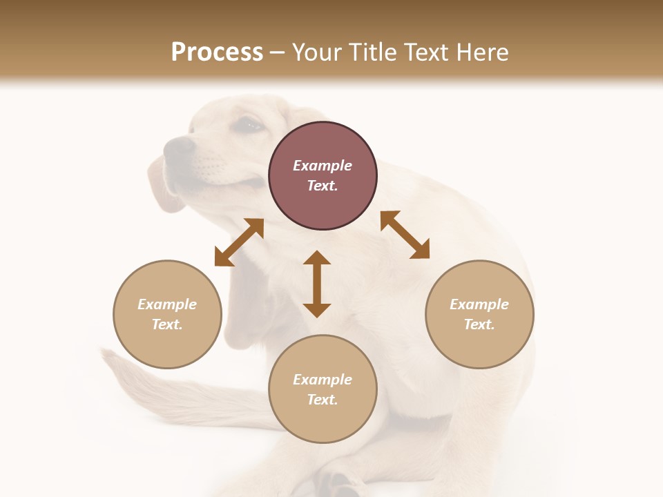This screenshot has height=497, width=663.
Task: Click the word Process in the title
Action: [x=217, y=52]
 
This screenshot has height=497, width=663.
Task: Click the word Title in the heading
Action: [x=372, y=52]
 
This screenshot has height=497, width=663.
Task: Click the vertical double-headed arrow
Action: [x=317, y=284]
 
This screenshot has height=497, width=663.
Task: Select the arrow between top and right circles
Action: [x=405, y=235]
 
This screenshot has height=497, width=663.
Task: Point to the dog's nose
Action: [x=179, y=146]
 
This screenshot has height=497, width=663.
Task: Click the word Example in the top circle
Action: [x=323, y=166]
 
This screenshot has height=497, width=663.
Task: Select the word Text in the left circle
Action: [x=167, y=324]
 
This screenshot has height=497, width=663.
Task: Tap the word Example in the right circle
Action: [x=479, y=304]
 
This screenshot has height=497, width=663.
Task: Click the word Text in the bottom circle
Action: [x=323, y=400]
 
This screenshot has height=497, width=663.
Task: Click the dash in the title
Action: [x=277, y=52]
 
